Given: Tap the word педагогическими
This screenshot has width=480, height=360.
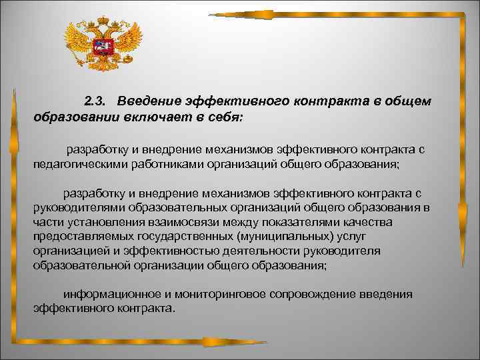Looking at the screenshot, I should point(77,163).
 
